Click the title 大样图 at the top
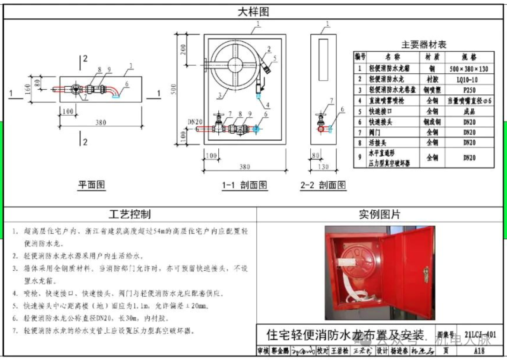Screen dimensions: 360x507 coord(253,12)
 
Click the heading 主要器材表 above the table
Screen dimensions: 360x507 coord(423,45)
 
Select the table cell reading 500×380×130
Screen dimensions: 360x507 coord(469,69)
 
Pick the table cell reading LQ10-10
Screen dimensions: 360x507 coord(469,79)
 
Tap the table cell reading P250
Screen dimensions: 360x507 coord(469,90)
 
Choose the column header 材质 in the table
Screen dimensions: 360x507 coord(431,57)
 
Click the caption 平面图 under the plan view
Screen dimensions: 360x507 coord(92,185)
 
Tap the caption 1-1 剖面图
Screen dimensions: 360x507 coord(245,185)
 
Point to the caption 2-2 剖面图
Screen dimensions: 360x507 coord(323,185)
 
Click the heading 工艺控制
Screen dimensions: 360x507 coord(130,214)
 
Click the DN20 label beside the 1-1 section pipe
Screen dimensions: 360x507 coord(195,122)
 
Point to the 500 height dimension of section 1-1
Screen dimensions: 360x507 coord(175,89)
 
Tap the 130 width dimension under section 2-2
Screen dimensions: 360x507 coord(323,167)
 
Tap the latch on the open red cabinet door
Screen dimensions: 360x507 coord(426,272)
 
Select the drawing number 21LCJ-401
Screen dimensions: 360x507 coord(479,335)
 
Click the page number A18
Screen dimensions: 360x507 coord(479,351)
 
